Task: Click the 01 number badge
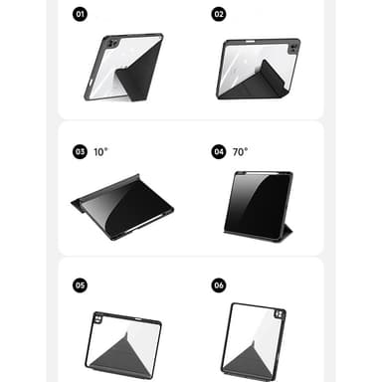pos(80,14)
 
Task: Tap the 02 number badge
pos(219,14)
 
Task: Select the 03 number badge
pos(80,151)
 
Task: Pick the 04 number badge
pos(219,151)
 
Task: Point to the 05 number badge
pos(80,286)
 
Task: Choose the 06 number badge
pos(219,286)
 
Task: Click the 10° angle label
pos(100,152)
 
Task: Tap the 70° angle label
pos(240,152)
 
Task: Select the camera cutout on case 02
pos(293,49)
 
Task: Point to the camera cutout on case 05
pos(98,319)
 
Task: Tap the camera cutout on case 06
pos(280,314)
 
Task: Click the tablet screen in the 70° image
pos(258,205)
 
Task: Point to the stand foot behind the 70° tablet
pos(286,232)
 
